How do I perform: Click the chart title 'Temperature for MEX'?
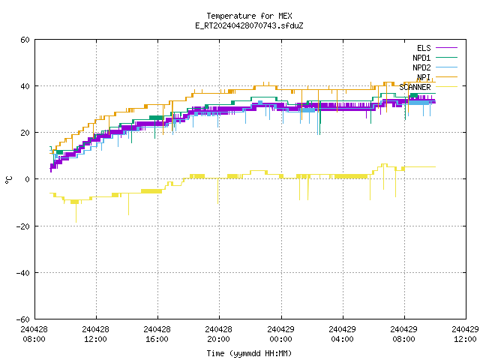[249, 16]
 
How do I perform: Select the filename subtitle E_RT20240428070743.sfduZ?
[249, 25]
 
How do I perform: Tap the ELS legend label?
[424, 48]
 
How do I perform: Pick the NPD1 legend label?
[421, 58]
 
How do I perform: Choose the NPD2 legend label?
[421, 67]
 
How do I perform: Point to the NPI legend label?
[424, 77]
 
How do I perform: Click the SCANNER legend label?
[415, 87]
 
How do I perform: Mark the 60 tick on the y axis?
[25, 40]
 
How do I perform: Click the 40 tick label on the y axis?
[25, 86]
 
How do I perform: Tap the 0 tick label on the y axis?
[28, 179]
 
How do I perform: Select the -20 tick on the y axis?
[23, 226]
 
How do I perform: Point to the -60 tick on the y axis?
[23, 319]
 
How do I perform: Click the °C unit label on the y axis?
[8, 180]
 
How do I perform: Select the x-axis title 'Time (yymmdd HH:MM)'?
[249, 353]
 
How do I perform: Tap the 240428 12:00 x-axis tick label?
[95, 334]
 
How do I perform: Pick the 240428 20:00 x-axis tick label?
[218, 334]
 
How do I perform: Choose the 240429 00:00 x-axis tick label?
[280, 334]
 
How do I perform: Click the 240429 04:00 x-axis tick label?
[342, 334]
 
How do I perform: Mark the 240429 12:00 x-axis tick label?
[465, 334]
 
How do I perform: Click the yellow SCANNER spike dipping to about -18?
[76, 213]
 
